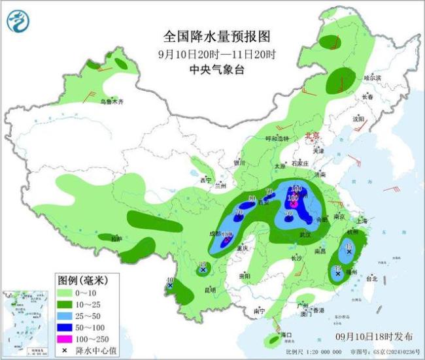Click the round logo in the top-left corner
click(x=19, y=22)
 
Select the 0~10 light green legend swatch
click(x=62, y=294)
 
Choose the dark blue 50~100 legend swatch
click(x=62, y=328)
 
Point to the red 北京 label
click(x=313, y=135)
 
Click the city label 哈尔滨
click(x=371, y=78)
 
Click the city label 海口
click(x=285, y=335)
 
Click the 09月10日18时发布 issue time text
click(x=375, y=336)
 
